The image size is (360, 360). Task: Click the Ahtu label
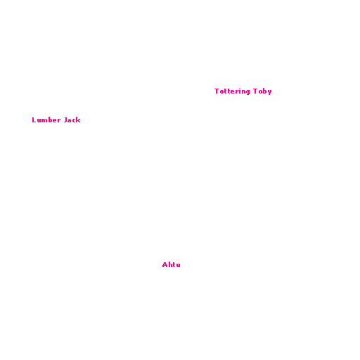click(x=172, y=265)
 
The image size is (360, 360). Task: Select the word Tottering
click(x=232, y=91)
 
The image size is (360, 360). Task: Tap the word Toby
click(x=262, y=91)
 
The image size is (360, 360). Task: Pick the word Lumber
click(x=46, y=120)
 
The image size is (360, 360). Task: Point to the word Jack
click(x=72, y=120)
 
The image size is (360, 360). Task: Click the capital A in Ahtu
click(x=165, y=265)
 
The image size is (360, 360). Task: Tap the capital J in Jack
click(x=66, y=120)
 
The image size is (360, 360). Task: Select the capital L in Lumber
click(x=34, y=120)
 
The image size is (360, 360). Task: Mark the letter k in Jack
click(x=78, y=120)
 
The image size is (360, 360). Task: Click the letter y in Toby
click(x=269, y=92)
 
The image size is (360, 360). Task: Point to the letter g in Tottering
click(x=247, y=92)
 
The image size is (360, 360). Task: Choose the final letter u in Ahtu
click(x=178, y=266)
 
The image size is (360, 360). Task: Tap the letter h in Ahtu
click(x=170, y=265)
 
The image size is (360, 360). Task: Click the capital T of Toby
click(x=255, y=91)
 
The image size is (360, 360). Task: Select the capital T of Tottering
click(x=217, y=91)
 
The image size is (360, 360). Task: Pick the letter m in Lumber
click(x=45, y=121)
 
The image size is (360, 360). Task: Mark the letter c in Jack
click(x=74, y=121)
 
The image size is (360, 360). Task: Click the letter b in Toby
click(x=264, y=91)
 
